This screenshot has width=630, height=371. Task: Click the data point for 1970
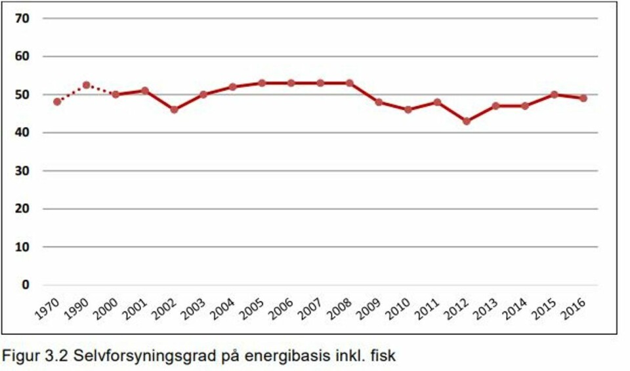(x=57, y=102)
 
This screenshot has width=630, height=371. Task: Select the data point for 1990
(x=87, y=85)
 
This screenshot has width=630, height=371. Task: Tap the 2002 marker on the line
(x=174, y=109)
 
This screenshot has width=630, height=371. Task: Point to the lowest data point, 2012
(x=467, y=121)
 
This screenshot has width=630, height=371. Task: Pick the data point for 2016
(x=583, y=98)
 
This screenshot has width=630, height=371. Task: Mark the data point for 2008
(x=350, y=83)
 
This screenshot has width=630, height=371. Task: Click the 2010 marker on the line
(x=408, y=109)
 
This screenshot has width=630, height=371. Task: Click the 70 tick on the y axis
(x=22, y=18)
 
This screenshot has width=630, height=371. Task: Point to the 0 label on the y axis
(x=26, y=285)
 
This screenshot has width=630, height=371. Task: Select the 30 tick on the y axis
(x=22, y=171)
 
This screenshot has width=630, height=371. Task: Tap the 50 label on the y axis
(x=22, y=95)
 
